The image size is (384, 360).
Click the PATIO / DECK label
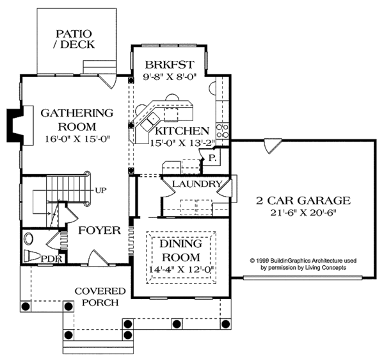(x=75, y=38)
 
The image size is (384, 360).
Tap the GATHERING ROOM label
(x=77, y=120)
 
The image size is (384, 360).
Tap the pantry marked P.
(x=211, y=158)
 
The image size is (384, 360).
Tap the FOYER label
(x=99, y=230)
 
